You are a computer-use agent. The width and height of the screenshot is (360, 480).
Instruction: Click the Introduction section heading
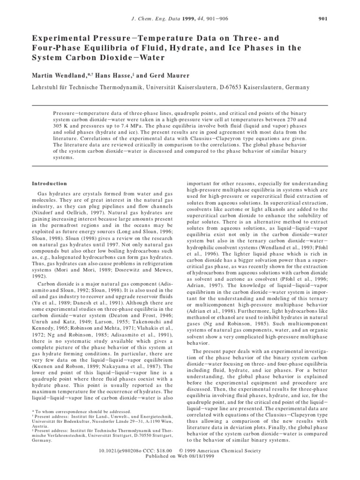coord(49,184)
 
